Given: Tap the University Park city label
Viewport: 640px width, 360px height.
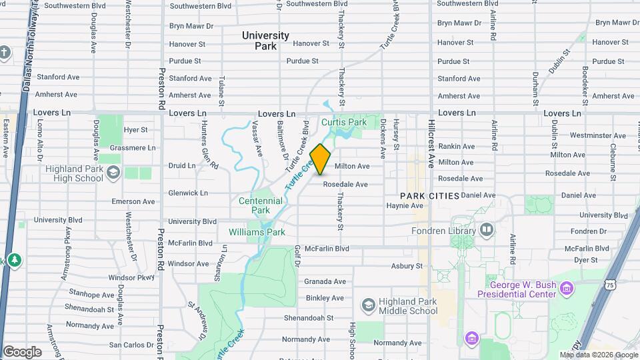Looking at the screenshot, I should pyautogui.click(x=265, y=41).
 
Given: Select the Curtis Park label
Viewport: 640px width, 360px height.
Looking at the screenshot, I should pyautogui.click(x=344, y=123).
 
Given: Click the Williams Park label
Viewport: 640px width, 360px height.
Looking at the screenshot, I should pyautogui.click(x=257, y=232).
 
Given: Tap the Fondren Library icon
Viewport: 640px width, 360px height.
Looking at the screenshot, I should pyautogui.click(x=487, y=231).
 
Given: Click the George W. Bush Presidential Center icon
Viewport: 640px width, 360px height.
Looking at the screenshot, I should pyautogui.click(x=567, y=289).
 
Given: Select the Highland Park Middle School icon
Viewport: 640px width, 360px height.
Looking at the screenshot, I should pyautogui.click(x=368, y=305).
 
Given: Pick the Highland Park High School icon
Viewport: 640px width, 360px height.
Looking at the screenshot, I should pyautogui.click(x=113, y=173).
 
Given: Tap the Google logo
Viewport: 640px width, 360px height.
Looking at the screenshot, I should pyautogui.click(x=22, y=351).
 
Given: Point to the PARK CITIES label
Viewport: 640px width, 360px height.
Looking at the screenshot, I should pyautogui.click(x=430, y=196).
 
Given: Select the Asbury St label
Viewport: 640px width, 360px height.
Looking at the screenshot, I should pyautogui.click(x=407, y=266).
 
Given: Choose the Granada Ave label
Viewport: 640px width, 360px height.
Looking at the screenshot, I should pyautogui.click(x=325, y=281).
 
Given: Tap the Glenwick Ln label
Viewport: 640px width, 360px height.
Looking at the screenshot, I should pyautogui.click(x=189, y=193).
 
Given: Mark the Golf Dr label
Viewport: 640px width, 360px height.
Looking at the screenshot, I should pyautogui.click(x=297, y=256).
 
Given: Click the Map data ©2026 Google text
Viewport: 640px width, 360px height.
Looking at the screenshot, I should pyautogui.click(x=598, y=355).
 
